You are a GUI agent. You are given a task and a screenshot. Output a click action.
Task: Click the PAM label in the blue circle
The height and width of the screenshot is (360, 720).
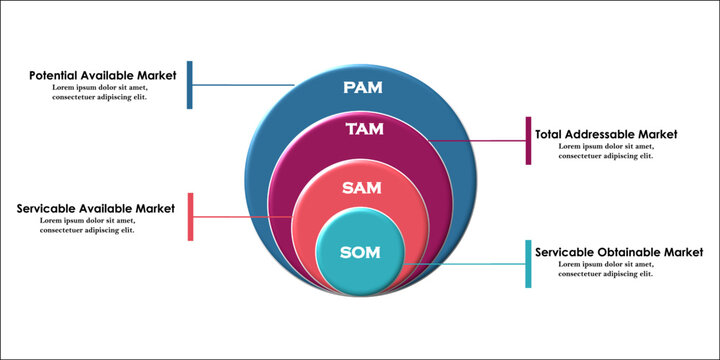coord(362,88)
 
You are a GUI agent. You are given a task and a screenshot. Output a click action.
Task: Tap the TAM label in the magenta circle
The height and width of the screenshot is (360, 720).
coord(364,129)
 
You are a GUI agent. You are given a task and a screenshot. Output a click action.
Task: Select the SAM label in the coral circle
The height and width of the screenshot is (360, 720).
coord(361,187)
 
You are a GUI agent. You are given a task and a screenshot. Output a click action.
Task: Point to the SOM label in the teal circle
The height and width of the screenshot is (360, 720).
coord(360,253)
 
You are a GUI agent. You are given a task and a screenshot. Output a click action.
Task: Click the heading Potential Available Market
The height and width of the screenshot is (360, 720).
coord(102,75)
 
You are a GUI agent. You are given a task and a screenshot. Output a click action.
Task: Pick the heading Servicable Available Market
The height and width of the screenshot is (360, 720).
coord(96,208)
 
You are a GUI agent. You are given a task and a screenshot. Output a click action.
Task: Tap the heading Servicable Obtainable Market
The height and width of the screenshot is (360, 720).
coord(619,252)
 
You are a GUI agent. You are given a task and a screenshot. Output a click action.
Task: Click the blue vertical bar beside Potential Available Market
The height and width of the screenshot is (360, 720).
coord(190,85)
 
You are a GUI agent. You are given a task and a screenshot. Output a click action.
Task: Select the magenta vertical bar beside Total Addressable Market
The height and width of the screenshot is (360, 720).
coord(528,141)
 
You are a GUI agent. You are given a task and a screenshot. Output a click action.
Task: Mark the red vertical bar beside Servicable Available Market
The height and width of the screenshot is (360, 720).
coord(190,216)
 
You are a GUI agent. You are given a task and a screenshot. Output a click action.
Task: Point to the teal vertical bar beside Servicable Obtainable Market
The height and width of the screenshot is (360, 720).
coord(528,264)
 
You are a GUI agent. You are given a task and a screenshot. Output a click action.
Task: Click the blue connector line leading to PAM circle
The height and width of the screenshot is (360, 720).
coord(240,84)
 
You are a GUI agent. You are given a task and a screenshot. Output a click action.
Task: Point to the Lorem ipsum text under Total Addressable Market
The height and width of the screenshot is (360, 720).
coord(606,151)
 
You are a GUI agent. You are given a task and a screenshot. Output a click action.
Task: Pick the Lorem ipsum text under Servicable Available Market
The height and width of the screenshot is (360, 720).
coord(88,225)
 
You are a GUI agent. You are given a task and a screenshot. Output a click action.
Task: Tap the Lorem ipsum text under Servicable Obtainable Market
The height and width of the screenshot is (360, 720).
coord(606,269)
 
